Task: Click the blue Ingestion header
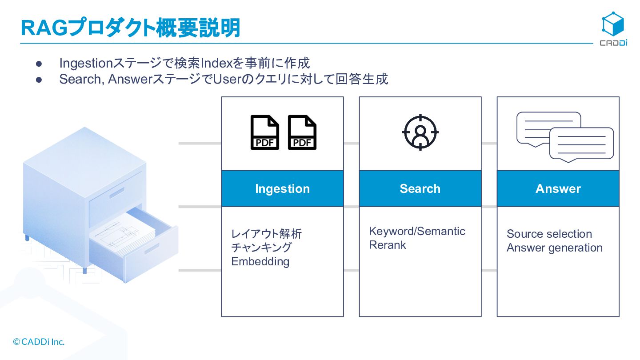click(282, 188)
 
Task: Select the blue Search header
click(420, 188)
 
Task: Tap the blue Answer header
click(558, 188)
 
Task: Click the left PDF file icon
click(265, 132)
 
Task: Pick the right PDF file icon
click(302, 132)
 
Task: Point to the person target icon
click(420, 132)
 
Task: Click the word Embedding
click(260, 261)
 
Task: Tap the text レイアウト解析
click(266, 234)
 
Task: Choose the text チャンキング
click(261, 248)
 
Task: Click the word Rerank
click(388, 245)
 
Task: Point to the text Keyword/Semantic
click(417, 231)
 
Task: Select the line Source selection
click(549, 234)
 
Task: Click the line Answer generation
click(554, 248)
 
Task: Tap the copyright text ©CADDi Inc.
click(39, 342)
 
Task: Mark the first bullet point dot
click(38, 64)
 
